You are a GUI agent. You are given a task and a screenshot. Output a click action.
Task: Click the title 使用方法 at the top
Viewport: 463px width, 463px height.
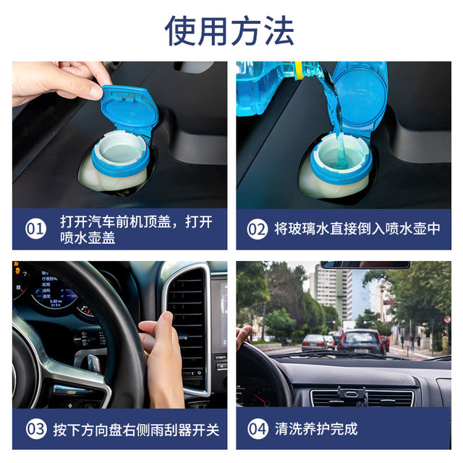[229, 30]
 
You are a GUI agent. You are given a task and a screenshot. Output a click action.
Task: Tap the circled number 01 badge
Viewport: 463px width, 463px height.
[35, 229]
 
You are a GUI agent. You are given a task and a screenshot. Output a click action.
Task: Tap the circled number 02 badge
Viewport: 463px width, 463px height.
[258, 229]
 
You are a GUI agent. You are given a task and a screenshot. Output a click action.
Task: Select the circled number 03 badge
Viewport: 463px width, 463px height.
[35, 428]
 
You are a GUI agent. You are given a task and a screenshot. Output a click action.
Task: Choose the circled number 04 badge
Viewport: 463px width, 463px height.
[258, 428]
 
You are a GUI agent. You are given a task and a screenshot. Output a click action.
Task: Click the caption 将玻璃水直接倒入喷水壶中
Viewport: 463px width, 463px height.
[357, 229]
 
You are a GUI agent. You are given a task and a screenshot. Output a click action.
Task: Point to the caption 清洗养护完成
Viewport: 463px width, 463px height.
[316, 428]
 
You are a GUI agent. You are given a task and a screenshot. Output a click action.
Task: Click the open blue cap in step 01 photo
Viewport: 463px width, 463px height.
[128, 109]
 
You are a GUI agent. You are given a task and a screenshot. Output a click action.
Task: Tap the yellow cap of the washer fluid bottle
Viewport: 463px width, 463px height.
[297, 70]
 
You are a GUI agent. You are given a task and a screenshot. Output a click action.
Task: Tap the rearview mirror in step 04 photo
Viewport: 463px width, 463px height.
[365, 265]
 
